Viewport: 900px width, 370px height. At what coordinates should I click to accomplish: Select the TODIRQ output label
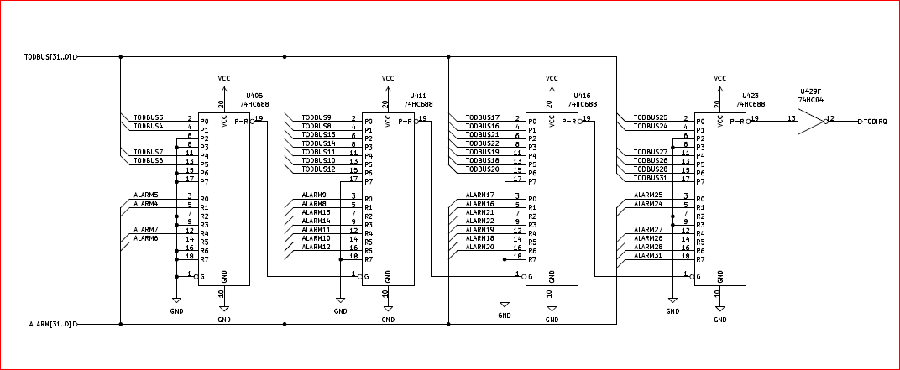876,122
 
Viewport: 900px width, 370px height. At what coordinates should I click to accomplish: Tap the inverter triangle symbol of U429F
811,122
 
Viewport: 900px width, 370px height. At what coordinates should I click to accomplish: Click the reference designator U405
254,96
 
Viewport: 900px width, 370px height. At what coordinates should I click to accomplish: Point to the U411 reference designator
418,96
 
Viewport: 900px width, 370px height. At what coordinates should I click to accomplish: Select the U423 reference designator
751,96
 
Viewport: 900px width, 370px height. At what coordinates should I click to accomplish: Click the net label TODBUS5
149,117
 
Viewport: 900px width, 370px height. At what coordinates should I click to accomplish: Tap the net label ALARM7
146,229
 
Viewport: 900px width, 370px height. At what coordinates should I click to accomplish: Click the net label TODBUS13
318,134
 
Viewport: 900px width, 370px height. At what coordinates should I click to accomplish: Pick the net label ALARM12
316,247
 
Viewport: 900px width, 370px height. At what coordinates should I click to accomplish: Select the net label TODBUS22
483,143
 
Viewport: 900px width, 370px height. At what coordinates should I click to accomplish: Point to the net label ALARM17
480,195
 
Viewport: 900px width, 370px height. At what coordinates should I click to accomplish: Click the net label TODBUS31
651,177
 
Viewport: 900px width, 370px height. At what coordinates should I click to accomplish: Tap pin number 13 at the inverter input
791,118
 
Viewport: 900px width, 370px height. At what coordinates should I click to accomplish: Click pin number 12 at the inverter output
830,118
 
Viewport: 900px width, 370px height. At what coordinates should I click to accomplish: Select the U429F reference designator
811,91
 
